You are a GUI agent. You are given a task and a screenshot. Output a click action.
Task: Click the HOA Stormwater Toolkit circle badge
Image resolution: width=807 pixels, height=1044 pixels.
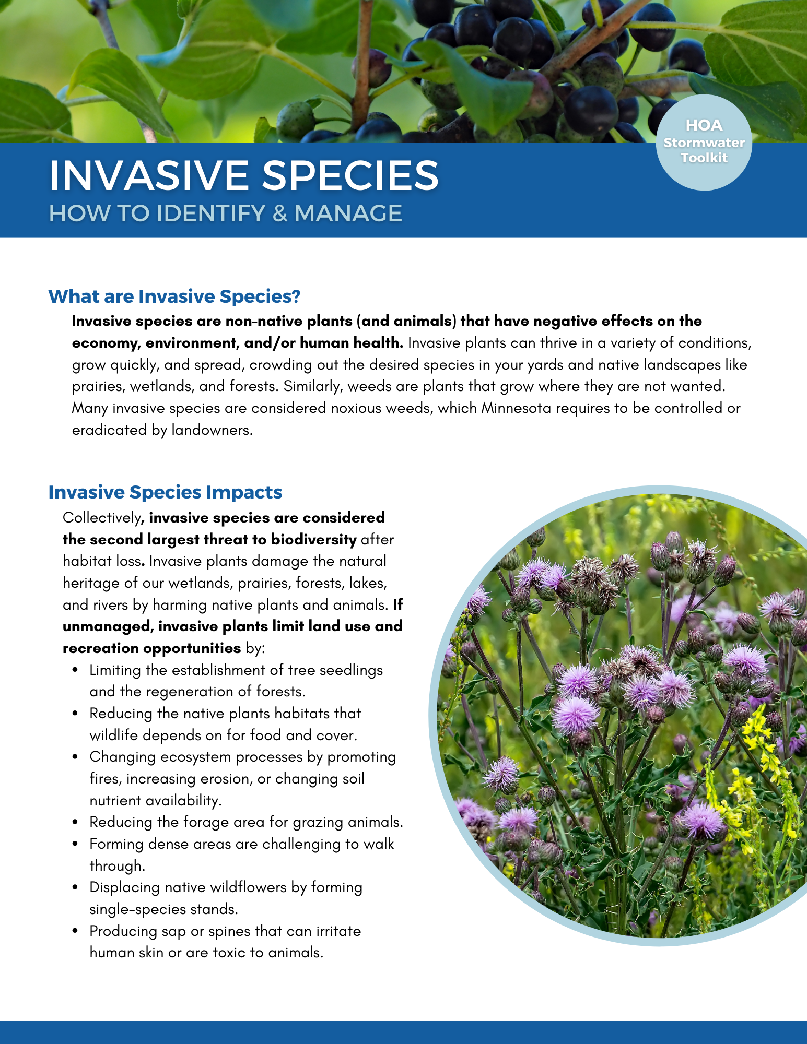pyautogui.click(x=704, y=142)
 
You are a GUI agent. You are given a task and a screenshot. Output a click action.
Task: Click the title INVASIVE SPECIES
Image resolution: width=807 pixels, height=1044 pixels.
pyautogui.click(x=244, y=175)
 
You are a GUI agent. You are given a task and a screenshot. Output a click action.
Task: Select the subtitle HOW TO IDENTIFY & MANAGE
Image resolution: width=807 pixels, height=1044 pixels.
pyautogui.click(x=226, y=213)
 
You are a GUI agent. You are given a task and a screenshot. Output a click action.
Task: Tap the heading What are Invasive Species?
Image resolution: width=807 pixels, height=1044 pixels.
pyautogui.click(x=174, y=296)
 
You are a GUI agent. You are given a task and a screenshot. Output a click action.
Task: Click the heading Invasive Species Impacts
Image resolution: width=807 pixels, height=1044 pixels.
pyautogui.click(x=165, y=492)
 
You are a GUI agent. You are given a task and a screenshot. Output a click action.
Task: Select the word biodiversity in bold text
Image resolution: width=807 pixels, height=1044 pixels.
pyautogui.click(x=313, y=540)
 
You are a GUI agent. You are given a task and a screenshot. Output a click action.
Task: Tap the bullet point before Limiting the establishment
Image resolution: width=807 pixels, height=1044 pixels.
pyautogui.click(x=76, y=670)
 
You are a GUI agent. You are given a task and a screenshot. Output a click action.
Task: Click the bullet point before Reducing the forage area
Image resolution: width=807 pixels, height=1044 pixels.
pyautogui.click(x=76, y=822)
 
